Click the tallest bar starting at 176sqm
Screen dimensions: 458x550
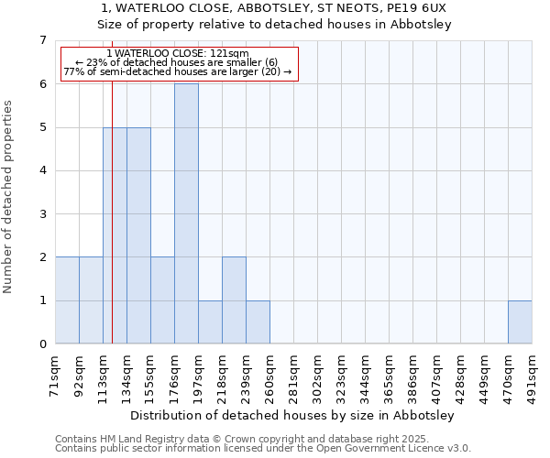(x=186, y=213)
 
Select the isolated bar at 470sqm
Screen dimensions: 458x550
(x=520, y=322)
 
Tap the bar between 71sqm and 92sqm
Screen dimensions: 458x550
(x=67, y=300)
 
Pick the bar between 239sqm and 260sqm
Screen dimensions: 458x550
(x=258, y=322)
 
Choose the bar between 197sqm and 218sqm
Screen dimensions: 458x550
(x=210, y=322)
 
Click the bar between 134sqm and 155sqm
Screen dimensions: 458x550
(x=138, y=235)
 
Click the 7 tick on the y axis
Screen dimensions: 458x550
(x=42, y=40)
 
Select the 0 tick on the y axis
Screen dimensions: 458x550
(x=42, y=344)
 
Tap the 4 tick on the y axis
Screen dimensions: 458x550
(x=42, y=170)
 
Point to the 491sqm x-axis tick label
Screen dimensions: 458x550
(x=533, y=376)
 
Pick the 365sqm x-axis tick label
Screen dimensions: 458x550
(x=390, y=376)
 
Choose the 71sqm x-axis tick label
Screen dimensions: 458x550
(x=56, y=376)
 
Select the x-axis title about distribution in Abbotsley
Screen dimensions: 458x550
(x=293, y=415)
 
